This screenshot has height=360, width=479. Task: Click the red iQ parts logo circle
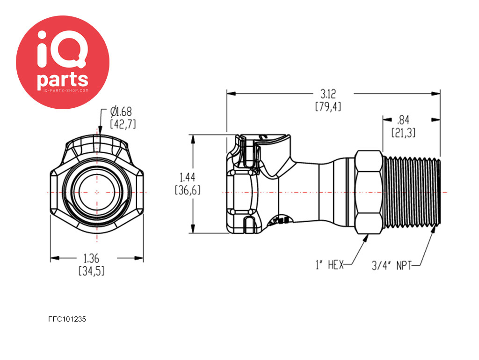(63, 62)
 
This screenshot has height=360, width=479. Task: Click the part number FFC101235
(67, 319)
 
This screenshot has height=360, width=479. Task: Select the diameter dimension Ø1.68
(121, 112)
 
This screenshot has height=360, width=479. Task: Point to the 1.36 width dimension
(91, 258)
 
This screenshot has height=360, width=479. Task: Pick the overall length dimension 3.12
(328, 94)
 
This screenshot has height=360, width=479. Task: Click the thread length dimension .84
(403, 120)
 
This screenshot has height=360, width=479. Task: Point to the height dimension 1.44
(187, 177)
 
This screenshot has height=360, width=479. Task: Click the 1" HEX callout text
(330, 265)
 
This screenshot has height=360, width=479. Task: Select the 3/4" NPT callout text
(392, 265)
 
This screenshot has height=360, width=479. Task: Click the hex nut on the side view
(369, 192)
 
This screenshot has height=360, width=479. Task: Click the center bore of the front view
(97, 192)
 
